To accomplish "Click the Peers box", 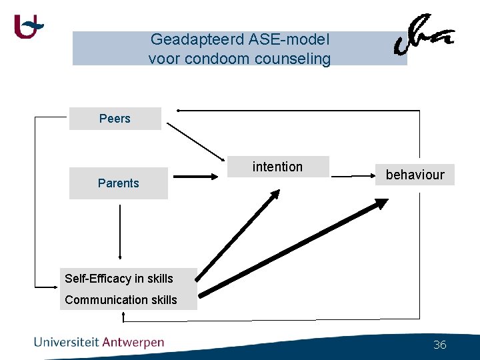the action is (x=115, y=119).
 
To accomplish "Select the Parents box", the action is (x=118, y=183).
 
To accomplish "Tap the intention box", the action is (x=277, y=167).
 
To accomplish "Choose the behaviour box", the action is (x=415, y=175).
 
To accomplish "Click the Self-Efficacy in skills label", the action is (x=119, y=279).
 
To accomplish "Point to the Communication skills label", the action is (x=121, y=300).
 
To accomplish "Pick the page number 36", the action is (x=440, y=345).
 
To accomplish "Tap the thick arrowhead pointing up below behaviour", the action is (x=381, y=204).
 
